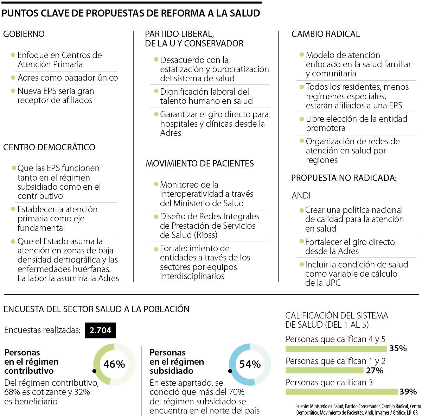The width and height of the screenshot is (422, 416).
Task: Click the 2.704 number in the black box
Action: click(100, 330)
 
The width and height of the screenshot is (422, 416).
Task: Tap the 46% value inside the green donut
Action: click(114, 364)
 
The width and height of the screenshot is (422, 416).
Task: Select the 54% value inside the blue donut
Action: click(250, 364)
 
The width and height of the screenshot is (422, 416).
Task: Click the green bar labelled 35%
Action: click(336, 349)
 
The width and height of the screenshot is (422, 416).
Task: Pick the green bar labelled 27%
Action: click(324, 370)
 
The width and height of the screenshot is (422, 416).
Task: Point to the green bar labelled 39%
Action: click(341, 392)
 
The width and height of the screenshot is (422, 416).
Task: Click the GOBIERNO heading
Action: click(24, 34)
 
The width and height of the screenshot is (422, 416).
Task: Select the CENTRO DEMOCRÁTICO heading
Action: click(49, 147)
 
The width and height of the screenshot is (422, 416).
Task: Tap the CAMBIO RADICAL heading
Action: click(326, 34)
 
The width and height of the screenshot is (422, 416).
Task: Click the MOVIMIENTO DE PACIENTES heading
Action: click(200, 163)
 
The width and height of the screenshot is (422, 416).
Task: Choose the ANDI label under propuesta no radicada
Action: click(301, 195)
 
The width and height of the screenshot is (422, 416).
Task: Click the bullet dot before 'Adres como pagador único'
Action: click(13, 77)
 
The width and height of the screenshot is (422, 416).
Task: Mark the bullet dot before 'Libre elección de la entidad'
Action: click(301, 119)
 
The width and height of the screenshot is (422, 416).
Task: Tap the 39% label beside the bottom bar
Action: click(408, 391)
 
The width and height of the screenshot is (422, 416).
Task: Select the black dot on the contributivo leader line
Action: click(94, 371)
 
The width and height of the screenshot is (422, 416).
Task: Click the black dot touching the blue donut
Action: click(230, 371)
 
